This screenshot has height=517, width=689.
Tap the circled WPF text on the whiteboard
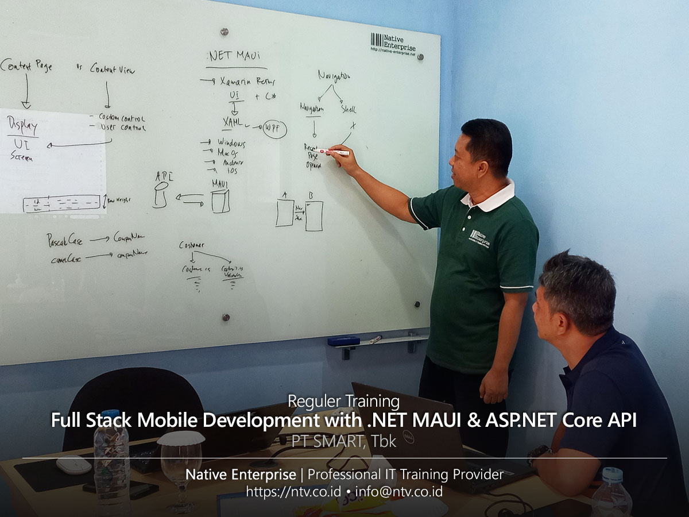coord(274,129)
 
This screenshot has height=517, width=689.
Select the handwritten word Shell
coord(349,109)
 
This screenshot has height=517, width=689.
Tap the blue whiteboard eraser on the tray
coord(343,341)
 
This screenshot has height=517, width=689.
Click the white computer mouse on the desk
coord(73,465)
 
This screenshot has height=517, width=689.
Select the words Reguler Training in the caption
coord(343,400)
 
